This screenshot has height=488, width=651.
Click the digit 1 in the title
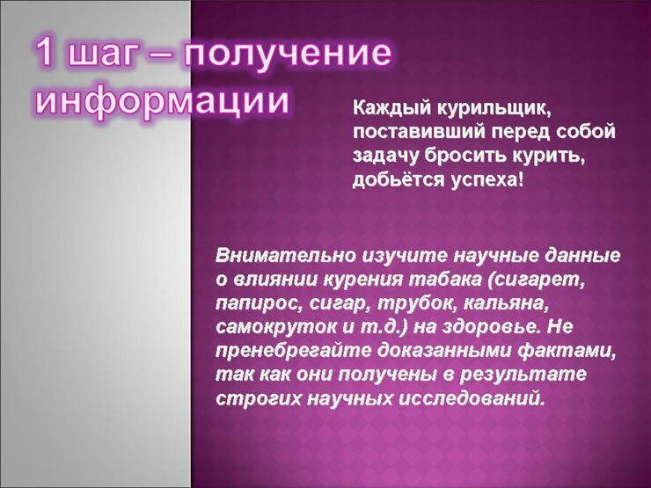(x=46, y=53)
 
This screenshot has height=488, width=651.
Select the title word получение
(x=288, y=56)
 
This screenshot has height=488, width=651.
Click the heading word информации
(x=163, y=101)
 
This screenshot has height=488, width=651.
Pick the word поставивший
(x=420, y=133)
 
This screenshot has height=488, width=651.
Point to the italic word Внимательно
(x=286, y=256)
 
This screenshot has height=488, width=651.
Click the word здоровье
(x=492, y=327)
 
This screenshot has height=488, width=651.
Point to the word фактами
(x=567, y=351)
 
